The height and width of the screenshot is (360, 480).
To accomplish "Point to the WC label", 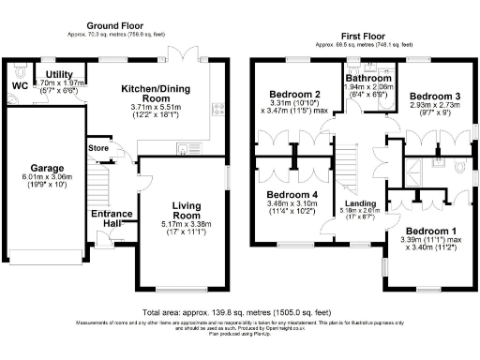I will pos(20,85).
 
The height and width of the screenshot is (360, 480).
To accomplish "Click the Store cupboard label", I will pos(98,147).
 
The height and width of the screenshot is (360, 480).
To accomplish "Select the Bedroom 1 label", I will pos(425,232).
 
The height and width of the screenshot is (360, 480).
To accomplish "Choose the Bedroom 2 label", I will pos(295,95).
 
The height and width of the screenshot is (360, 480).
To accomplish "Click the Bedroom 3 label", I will pos(434,96).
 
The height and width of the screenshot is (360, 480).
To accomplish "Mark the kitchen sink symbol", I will pos(181,149).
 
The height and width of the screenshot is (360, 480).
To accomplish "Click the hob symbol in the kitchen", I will pos(218,112).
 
